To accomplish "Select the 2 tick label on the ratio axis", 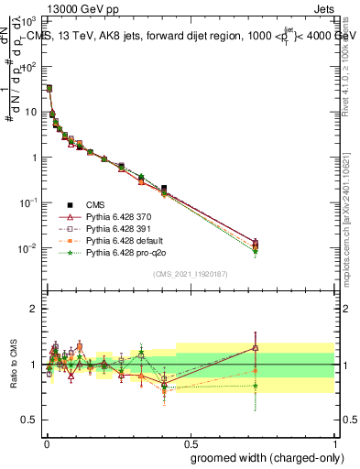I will (x=35, y=309).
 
